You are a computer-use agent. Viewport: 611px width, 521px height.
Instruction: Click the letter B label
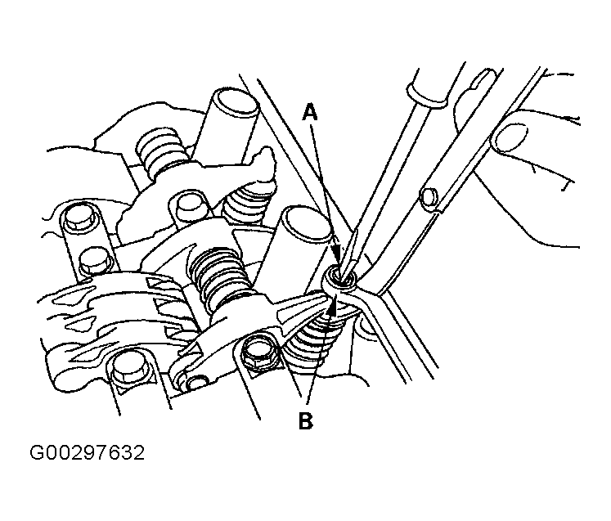(306, 420)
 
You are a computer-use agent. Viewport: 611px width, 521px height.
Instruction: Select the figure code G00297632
(88, 453)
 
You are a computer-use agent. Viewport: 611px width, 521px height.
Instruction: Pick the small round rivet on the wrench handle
(428, 196)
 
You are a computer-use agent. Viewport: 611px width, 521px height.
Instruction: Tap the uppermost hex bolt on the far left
(79, 218)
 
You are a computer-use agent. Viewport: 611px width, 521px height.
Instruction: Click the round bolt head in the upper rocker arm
(188, 204)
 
